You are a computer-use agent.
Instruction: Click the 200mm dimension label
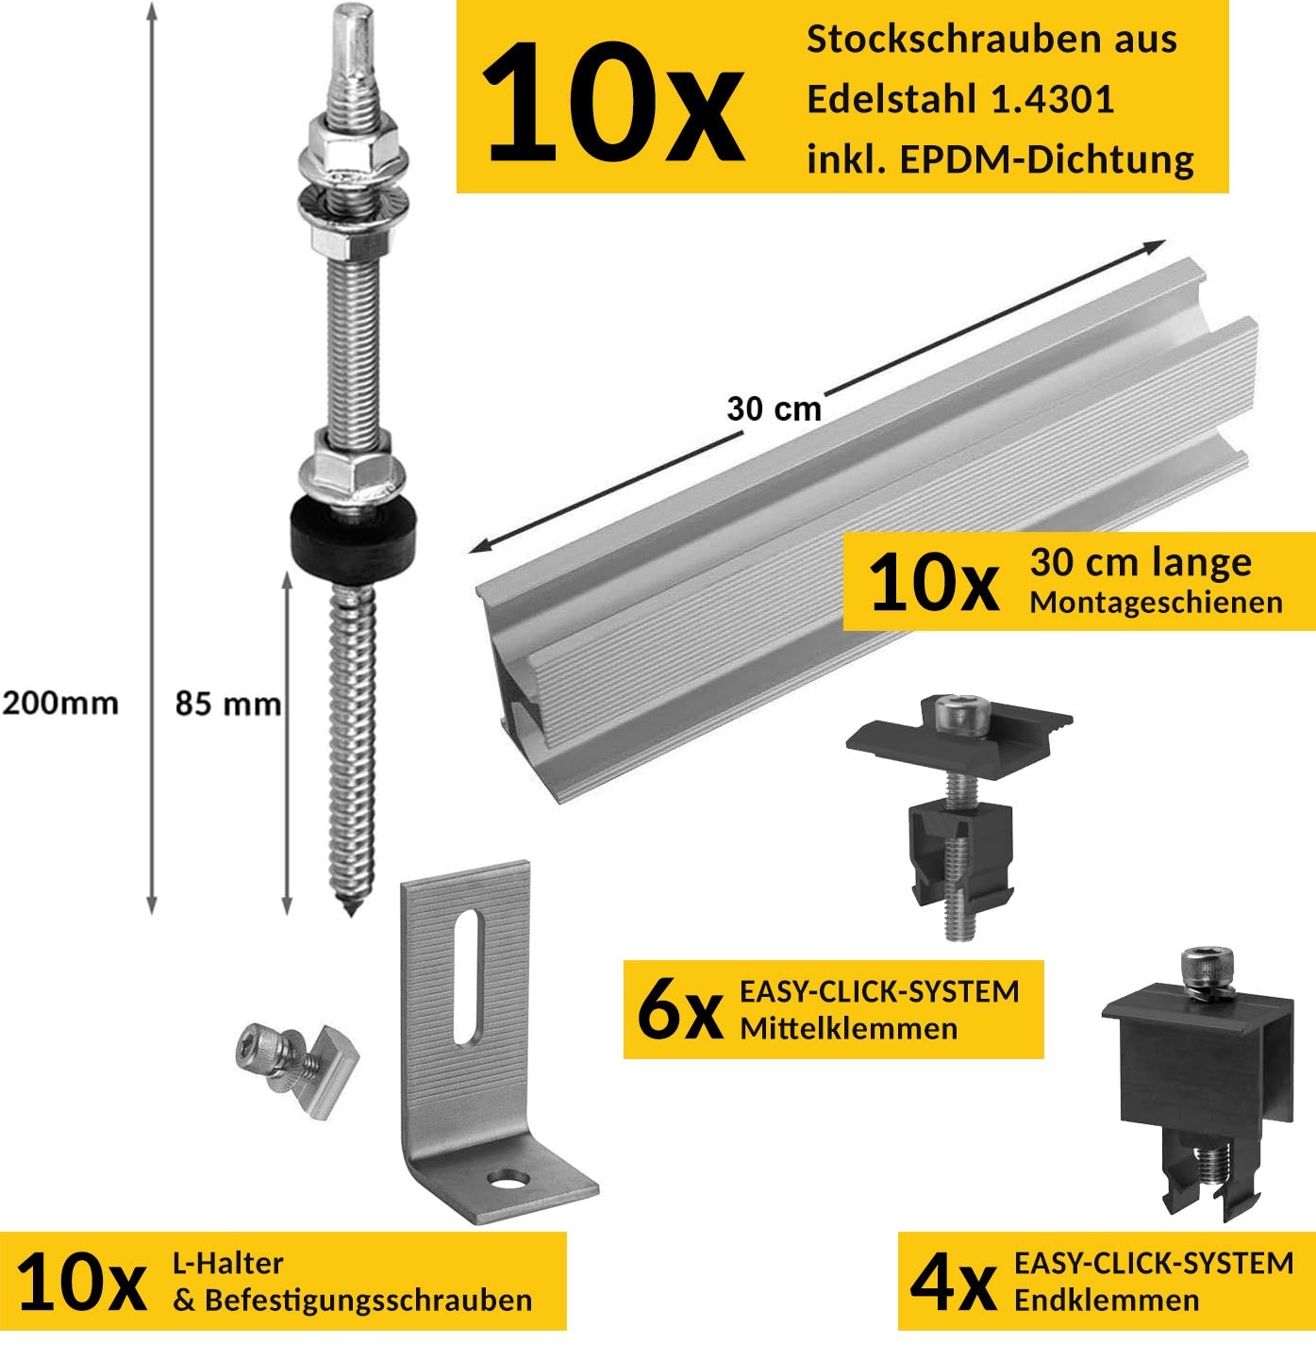60,703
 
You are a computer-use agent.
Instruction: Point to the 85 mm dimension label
228,704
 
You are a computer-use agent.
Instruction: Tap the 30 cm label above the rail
774,409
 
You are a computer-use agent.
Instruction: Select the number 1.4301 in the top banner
1052,99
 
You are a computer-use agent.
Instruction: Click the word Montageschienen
1156,602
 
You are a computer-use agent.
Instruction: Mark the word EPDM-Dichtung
1046,160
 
